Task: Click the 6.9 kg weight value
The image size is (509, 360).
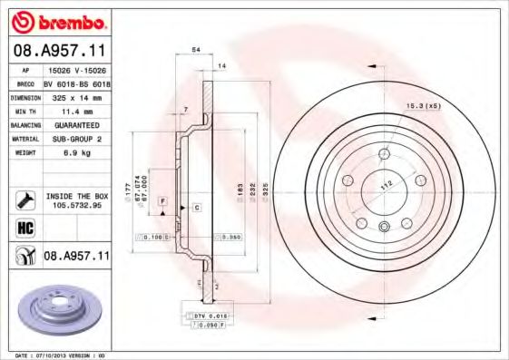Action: pos(73,154)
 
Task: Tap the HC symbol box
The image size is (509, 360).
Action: pos(24,227)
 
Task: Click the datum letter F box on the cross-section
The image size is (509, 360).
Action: pos(162,199)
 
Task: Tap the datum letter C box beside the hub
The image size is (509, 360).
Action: pos(196,208)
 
